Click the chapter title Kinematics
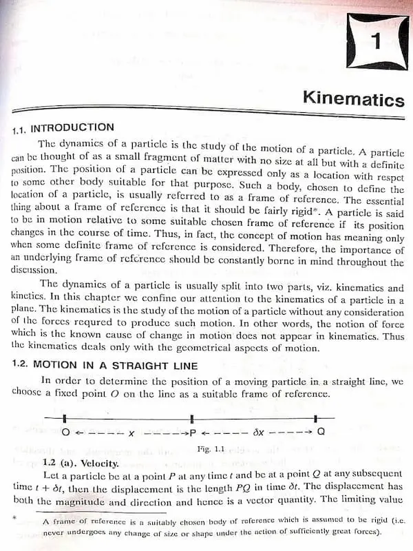(353, 99)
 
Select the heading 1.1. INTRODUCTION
(63, 127)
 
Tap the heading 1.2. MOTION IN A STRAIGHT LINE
(105, 365)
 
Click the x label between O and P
(131, 434)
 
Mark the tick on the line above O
(64, 418)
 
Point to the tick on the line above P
(192, 418)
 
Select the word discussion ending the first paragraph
(32, 271)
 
